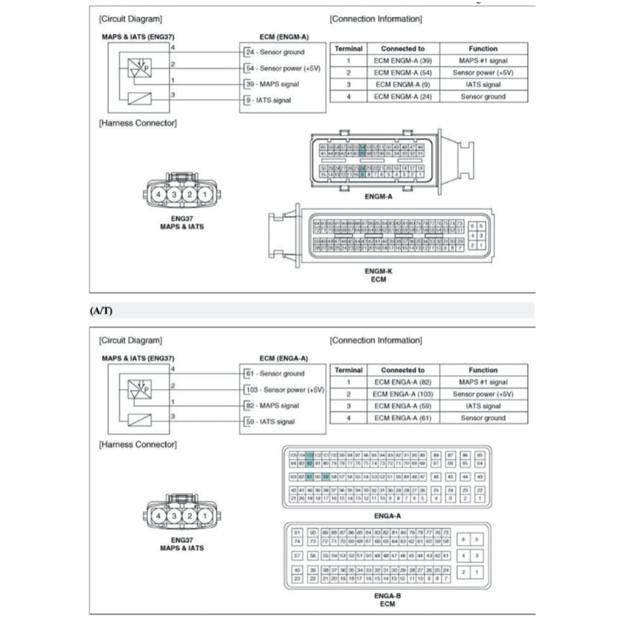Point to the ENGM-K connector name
coord(378,271)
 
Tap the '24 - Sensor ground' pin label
coord(274,52)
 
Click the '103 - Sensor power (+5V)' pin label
coord(284,390)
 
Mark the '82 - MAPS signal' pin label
coord(272,405)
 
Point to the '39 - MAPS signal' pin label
coord(272,84)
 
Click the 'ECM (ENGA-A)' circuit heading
coord(284,358)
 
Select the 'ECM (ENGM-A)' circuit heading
coord(284,36)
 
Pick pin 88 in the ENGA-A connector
coord(437,455)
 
